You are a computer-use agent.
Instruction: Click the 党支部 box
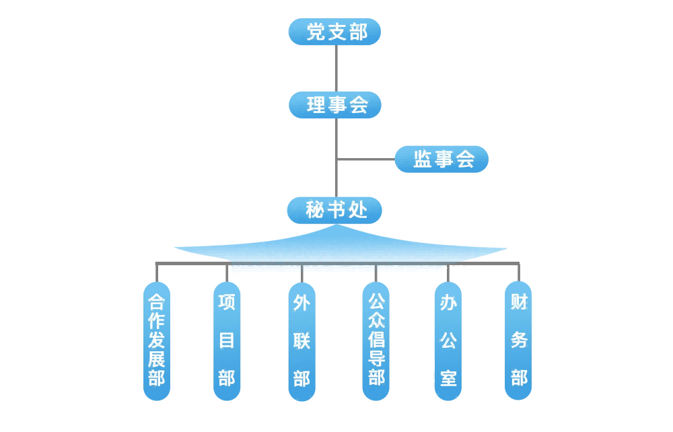tap(334, 32)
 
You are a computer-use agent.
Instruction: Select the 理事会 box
tap(335, 105)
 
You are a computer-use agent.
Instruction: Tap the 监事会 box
tap(441, 159)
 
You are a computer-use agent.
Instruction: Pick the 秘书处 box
tap(334, 211)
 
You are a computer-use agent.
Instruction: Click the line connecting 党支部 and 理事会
tap(335, 69)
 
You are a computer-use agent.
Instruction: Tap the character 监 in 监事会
tap(423, 159)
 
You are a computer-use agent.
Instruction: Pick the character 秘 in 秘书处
tap(315, 211)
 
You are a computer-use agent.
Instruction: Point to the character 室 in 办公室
tap(448, 378)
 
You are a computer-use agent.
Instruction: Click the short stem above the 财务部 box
tap(519, 272)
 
